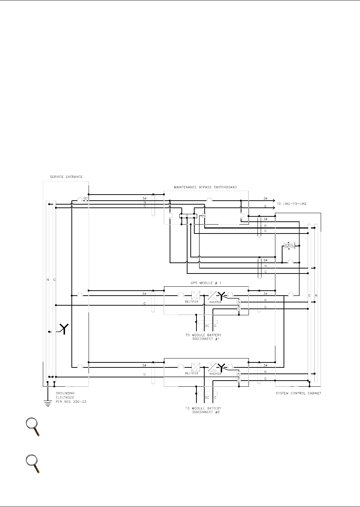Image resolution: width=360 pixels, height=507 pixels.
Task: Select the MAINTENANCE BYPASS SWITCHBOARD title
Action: point(206,187)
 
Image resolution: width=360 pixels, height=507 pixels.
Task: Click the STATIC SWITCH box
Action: point(289,246)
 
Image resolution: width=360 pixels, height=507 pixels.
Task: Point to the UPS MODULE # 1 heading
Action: point(206,282)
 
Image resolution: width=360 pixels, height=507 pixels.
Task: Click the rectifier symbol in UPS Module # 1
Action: point(196,295)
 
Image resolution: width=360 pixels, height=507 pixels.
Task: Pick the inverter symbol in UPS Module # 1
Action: point(212,295)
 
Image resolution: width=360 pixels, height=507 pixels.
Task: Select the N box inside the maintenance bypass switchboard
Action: point(204,216)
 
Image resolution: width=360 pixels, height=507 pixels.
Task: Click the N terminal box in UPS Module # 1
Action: point(239,302)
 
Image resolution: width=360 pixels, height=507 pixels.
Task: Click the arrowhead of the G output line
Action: point(273,206)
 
